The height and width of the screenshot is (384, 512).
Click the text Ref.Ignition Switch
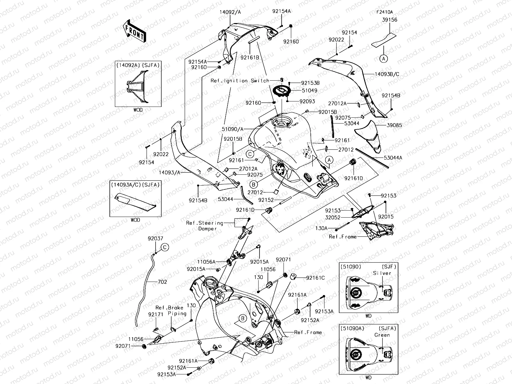click(x=240, y=81)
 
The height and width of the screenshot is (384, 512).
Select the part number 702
click(x=162, y=282)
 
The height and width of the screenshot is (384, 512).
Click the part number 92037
click(x=156, y=238)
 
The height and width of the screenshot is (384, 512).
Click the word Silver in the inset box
click(x=382, y=273)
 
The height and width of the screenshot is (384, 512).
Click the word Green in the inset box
click(x=382, y=335)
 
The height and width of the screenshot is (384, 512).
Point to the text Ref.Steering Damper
click(x=205, y=226)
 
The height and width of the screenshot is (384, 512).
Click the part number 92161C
click(x=315, y=278)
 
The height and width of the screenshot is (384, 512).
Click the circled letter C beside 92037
click(x=164, y=247)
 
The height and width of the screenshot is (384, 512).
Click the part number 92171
click(x=156, y=315)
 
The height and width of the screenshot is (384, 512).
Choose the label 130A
click(x=322, y=228)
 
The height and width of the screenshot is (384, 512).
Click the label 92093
click(x=307, y=101)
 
